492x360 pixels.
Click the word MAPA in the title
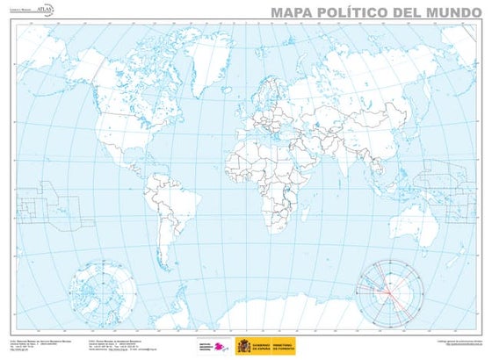coord(290,11)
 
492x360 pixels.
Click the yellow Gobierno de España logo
coord(265,345)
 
